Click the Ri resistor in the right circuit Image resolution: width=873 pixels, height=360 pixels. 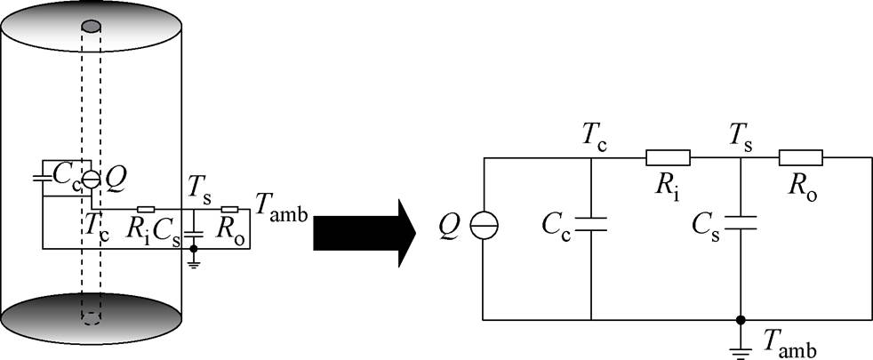(668, 158)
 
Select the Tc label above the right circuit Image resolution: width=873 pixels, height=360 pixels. (595, 135)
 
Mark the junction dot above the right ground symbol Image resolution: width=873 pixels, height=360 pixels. (740, 318)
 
